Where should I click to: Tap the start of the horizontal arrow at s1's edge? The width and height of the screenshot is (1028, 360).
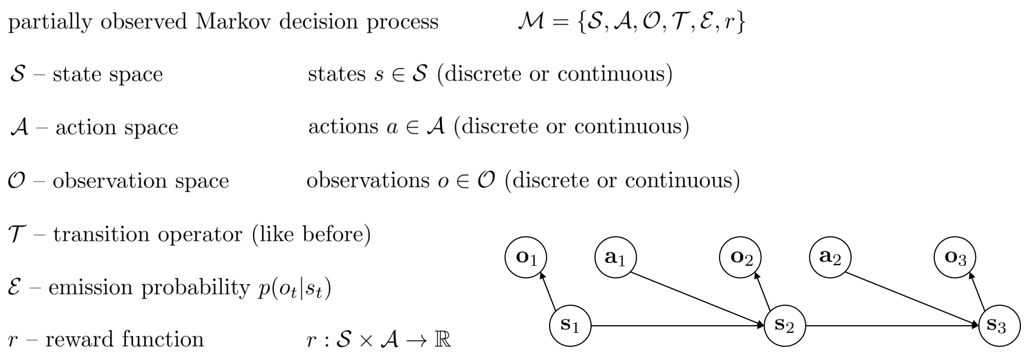click(591, 325)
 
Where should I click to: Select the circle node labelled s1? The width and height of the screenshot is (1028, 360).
click(570, 325)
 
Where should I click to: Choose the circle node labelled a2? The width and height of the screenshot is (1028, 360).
click(830, 257)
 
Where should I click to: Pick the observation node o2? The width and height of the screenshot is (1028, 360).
click(740, 257)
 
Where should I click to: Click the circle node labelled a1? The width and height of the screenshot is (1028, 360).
click(616, 257)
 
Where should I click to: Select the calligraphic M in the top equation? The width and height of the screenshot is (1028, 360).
click(531, 22)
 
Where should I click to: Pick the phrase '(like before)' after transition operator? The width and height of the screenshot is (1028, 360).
click(311, 235)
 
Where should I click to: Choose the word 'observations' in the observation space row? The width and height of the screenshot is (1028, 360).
click(368, 180)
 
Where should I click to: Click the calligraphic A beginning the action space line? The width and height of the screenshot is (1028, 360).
click(18, 128)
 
